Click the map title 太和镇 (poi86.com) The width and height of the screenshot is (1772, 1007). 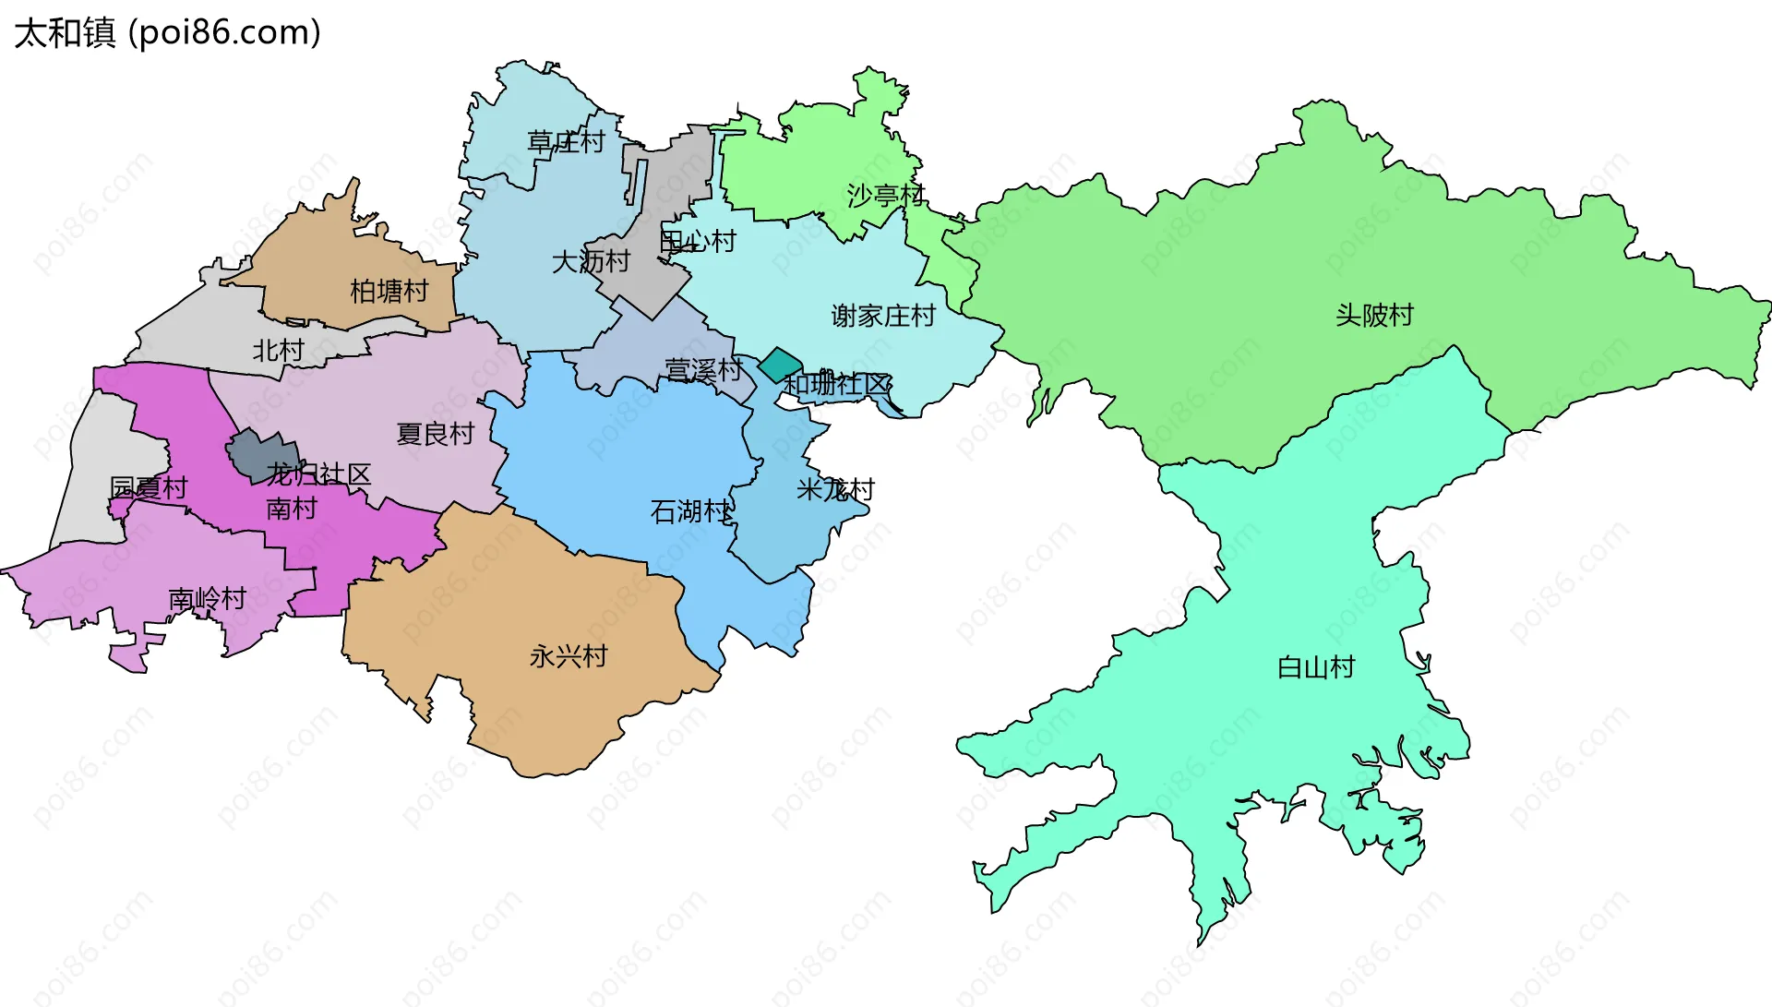167,32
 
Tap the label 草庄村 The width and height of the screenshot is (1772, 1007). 566,141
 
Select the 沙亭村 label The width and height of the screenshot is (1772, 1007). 885,195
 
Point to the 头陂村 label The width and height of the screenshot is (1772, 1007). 1374,316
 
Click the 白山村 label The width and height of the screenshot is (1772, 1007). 1315,667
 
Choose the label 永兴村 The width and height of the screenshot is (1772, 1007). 569,656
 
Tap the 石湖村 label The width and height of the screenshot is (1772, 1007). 690,511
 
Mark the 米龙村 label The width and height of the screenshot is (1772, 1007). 835,489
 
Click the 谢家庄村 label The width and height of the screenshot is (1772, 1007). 883,317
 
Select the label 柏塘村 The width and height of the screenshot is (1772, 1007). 389,292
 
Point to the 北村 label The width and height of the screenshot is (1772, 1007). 278,351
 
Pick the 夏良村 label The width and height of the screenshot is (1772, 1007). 435,434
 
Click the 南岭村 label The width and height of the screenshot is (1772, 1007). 207,600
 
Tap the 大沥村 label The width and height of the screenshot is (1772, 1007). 591,262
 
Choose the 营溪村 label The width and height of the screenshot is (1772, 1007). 703,371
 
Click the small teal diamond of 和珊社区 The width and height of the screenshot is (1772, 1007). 780,365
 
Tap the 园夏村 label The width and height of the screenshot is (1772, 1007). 149,487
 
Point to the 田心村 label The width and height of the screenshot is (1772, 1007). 698,242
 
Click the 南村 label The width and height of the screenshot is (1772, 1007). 291,509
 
